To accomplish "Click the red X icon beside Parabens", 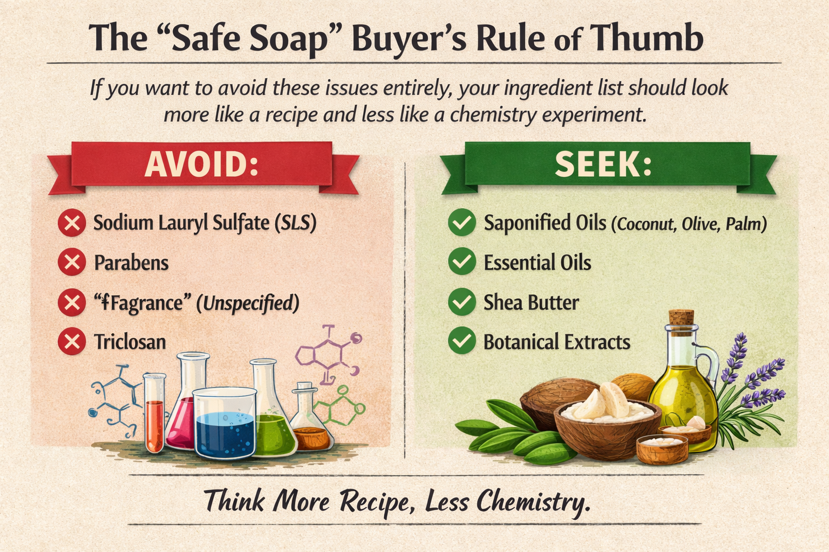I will (x=72, y=263).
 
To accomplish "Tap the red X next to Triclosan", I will (x=72, y=341).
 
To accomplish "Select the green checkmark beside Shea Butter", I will (x=462, y=302).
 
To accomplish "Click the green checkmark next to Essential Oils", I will (x=462, y=262).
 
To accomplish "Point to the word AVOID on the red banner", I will (x=201, y=164).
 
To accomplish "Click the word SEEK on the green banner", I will (x=603, y=164).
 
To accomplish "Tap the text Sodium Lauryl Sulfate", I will (x=181, y=222).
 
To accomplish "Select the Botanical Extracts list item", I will (x=556, y=342).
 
